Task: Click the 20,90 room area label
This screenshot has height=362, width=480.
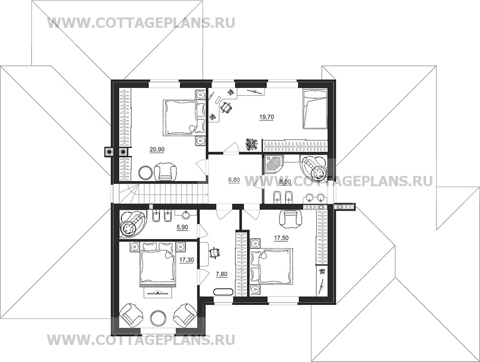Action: point(157,149)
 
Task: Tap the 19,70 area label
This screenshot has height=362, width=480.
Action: point(266,117)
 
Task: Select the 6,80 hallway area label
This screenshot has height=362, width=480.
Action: point(234,180)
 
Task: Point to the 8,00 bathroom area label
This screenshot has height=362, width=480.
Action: point(285,182)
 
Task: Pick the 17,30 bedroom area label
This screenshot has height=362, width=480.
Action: point(186,260)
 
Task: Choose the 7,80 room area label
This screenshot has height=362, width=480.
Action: point(221,274)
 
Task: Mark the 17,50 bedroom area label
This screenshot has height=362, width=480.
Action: point(281,238)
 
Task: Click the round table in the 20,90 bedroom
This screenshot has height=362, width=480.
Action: point(145,173)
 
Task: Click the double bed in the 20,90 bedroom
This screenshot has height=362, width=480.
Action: point(180,117)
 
